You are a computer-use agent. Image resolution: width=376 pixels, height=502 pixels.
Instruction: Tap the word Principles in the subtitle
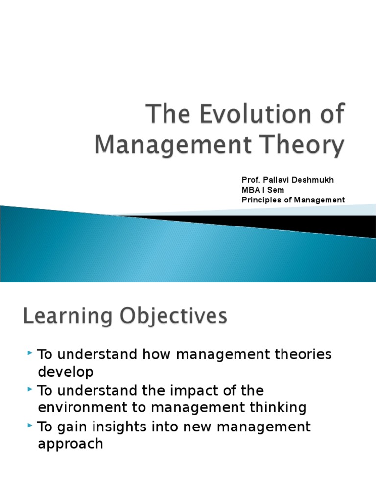(x=259, y=200)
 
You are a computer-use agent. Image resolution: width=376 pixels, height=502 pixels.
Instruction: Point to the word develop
(x=65, y=372)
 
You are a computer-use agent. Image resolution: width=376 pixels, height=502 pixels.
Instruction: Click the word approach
(x=70, y=444)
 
